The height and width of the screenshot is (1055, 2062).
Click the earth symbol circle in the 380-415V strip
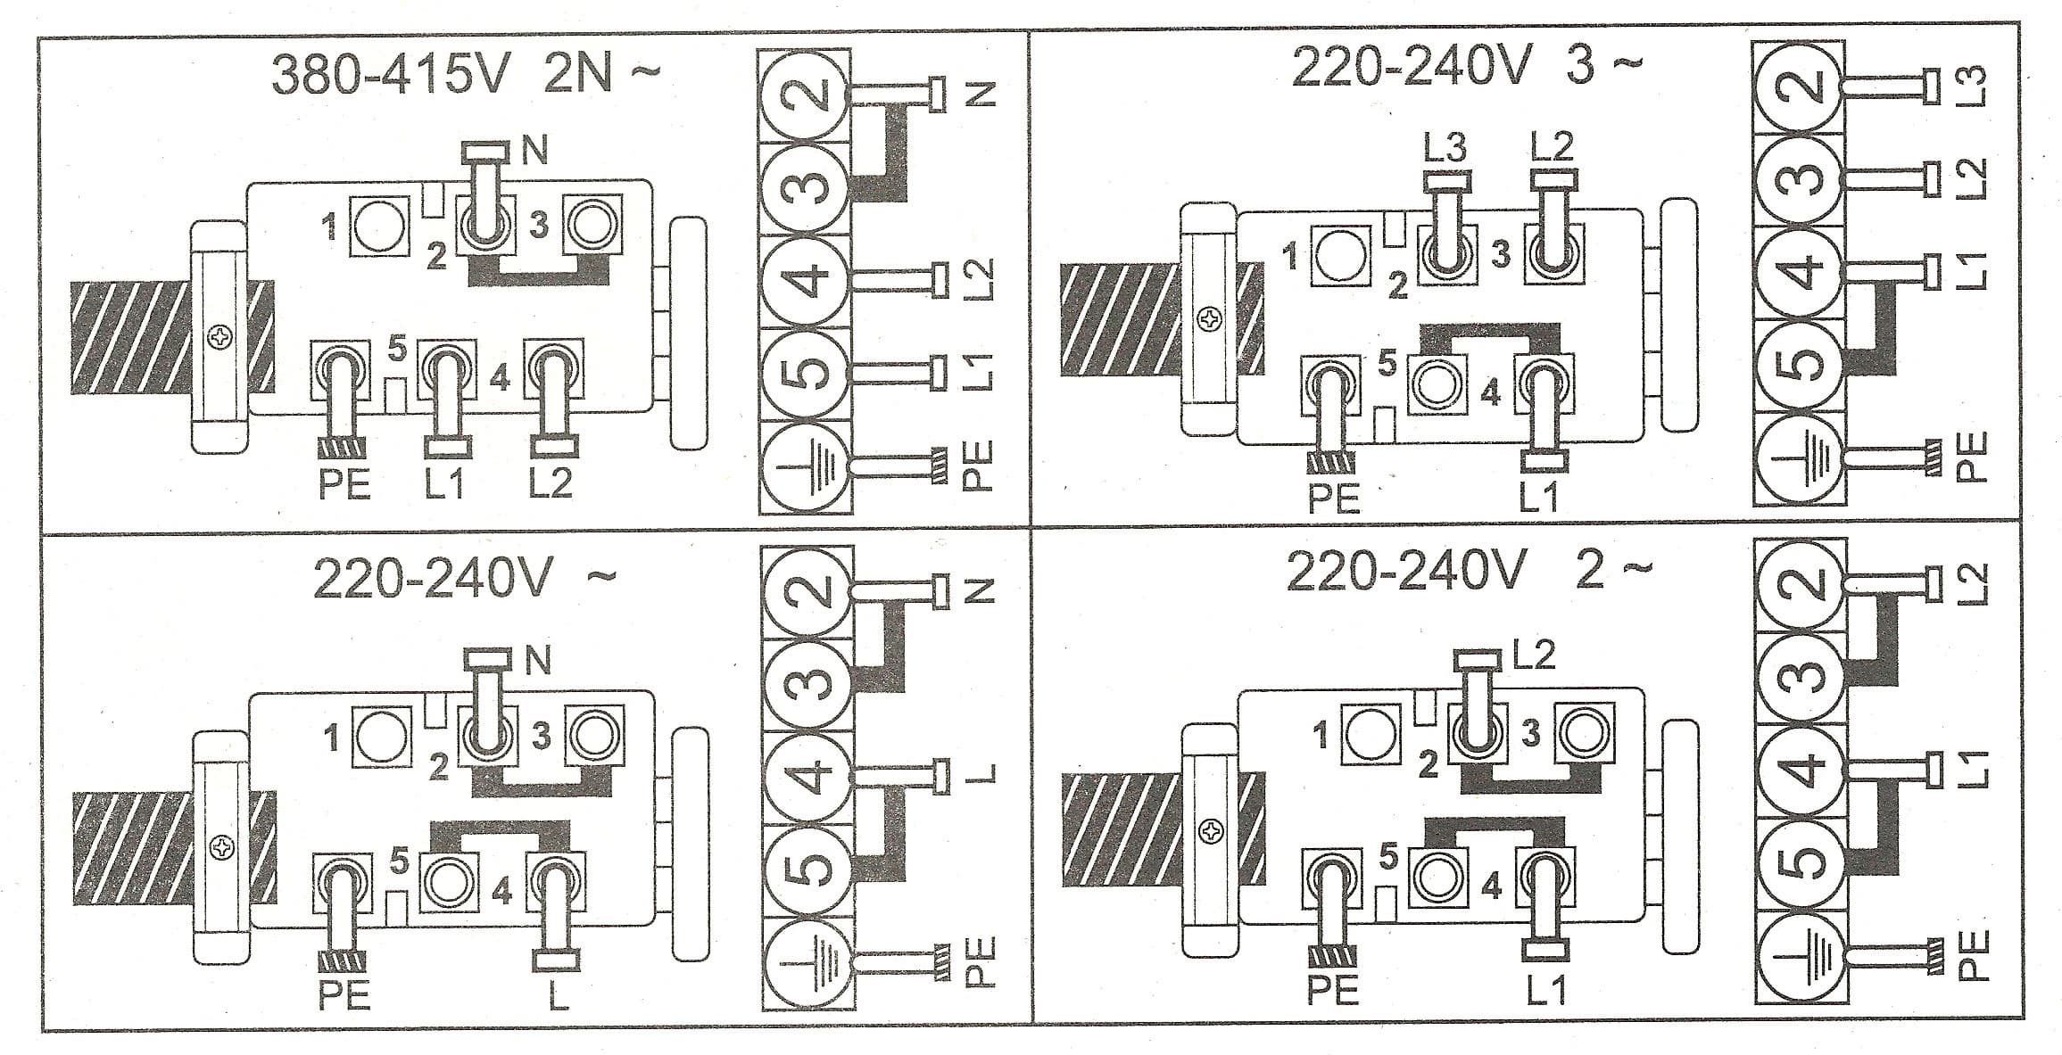[807, 468]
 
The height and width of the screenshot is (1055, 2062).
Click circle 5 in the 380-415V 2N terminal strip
[807, 372]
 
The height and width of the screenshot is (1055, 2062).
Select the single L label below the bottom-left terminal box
[558, 995]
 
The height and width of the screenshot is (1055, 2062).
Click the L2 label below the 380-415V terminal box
[550, 483]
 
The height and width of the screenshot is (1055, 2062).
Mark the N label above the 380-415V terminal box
[534, 152]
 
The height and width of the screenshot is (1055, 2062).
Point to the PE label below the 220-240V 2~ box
[1333, 990]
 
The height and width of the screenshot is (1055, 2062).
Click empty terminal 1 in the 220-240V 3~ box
[1338, 256]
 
